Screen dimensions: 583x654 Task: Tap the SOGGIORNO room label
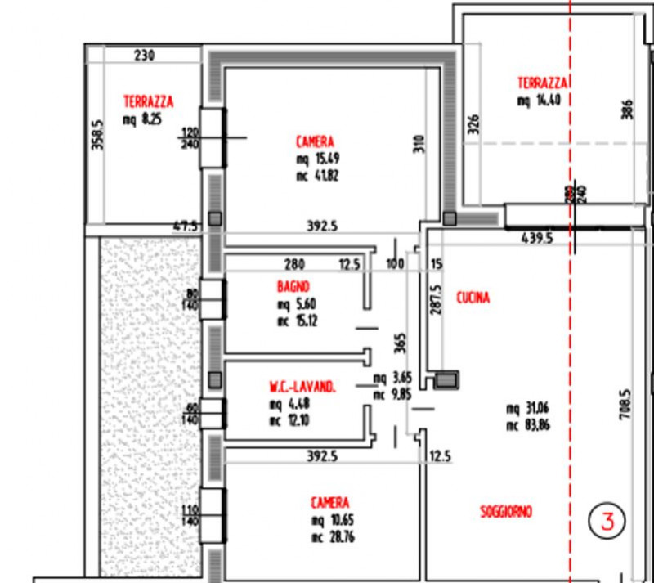pyautogui.click(x=505, y=512)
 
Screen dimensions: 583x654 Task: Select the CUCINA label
pyautogui.click(x=473, y=298)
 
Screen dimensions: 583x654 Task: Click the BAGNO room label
pyautogui.click(x=292, y=287)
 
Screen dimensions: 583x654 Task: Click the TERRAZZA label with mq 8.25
pyautogui.click(x=148, y=102)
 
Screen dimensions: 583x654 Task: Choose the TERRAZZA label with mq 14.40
pyautogui.click(x=543, y=83)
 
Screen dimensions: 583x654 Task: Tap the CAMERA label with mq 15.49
pyautogui.click(x=316, y=141)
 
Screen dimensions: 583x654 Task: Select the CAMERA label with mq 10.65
pyautogui.click(x=330, y=502)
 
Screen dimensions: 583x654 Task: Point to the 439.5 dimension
pyautogui.click(x=537, y=239)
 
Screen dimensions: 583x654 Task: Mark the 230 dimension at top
pyautogui.click(x=144, y=56)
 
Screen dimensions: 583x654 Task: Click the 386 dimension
pyautogui.click(x=627, y=110)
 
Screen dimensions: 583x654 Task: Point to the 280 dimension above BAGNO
pyautogui.click(x=294, y=264)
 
